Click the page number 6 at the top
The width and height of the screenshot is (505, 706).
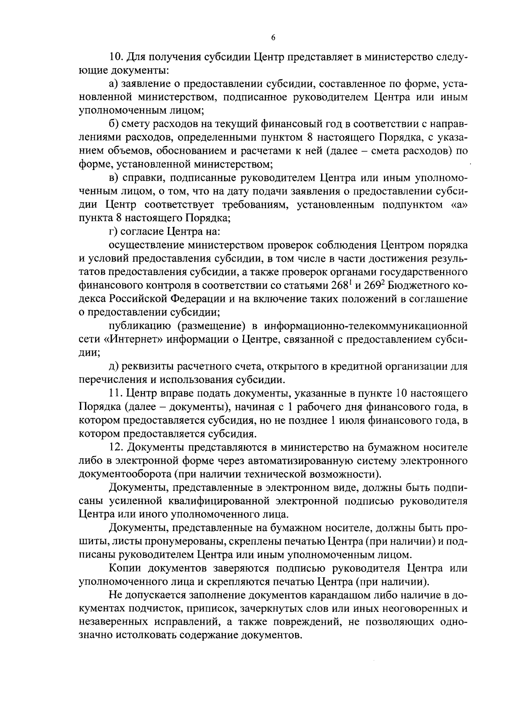click(x=273, y=38)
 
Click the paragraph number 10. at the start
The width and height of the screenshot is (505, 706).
click(x=116, y=57)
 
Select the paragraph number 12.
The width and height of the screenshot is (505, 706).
click(x=116, y=447)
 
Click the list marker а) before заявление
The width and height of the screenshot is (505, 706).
click(x=113, y=84)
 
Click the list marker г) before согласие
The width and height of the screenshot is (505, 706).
click(x=112, y=232)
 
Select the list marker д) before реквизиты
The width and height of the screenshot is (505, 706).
click(x=113, y=367)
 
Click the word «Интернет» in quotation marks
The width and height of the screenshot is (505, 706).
click(x=133, y=340)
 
